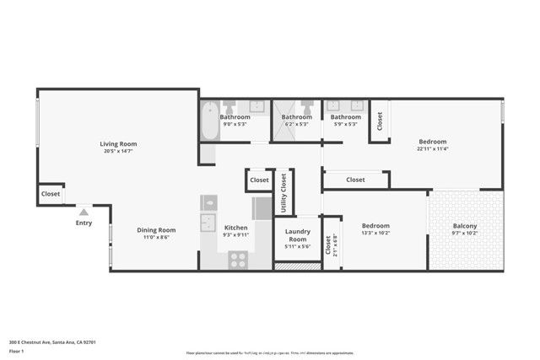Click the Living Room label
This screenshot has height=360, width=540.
click(119, 144)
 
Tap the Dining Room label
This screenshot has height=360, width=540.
click(156, 230)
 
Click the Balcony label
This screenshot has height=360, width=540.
click(464, 226)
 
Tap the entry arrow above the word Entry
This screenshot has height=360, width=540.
click(84, 213)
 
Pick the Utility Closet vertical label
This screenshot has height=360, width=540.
click(283, 191)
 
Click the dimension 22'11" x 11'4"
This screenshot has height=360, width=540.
click(431, 149)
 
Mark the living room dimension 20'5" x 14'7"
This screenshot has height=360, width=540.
click(119, 152)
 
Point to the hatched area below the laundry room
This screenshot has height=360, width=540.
click(298, 266)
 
